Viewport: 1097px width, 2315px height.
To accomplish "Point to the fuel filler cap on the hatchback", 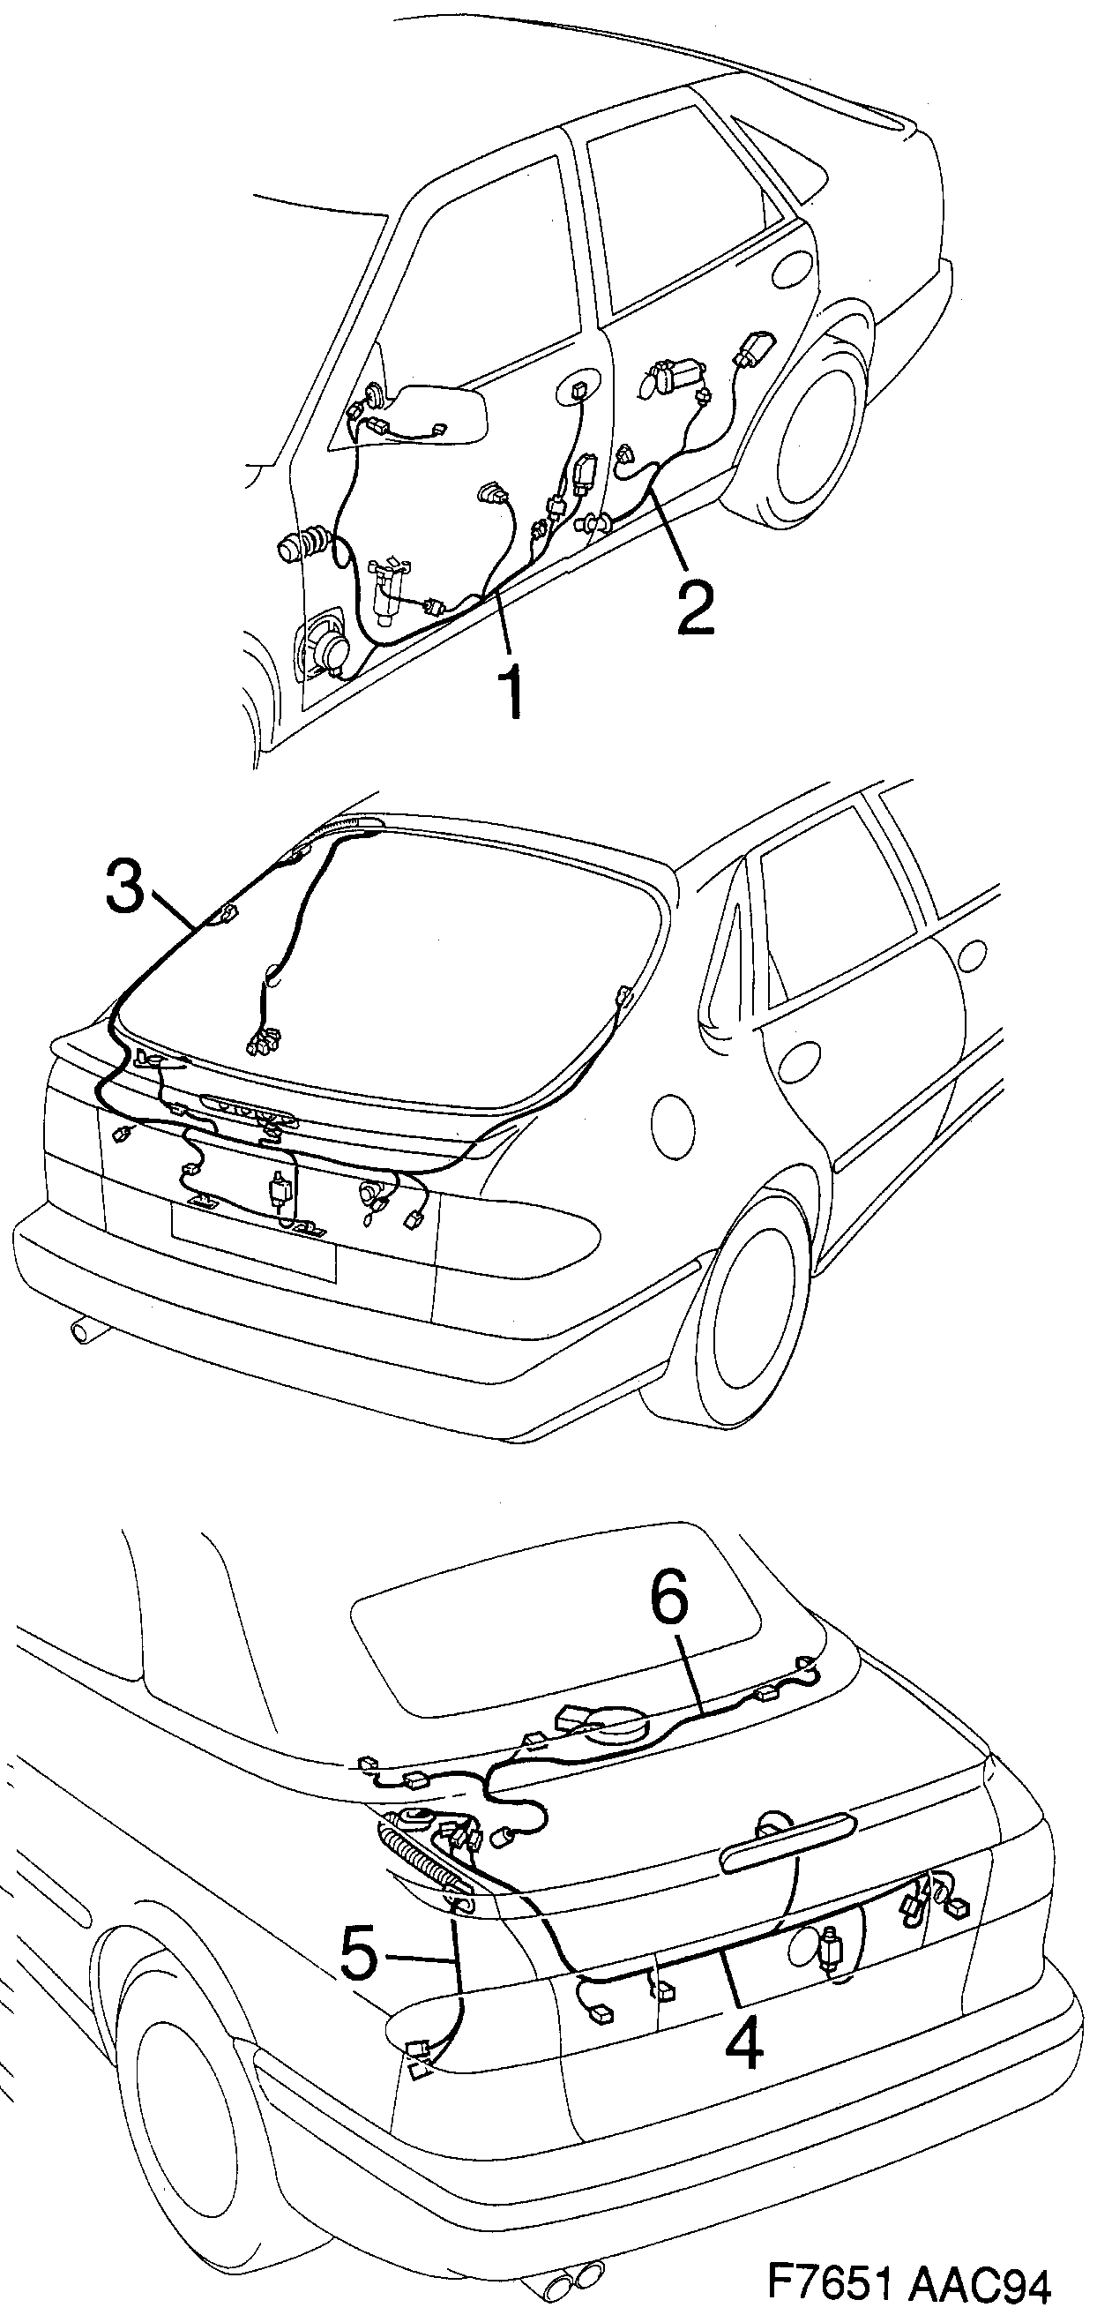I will tap(673, 1125).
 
